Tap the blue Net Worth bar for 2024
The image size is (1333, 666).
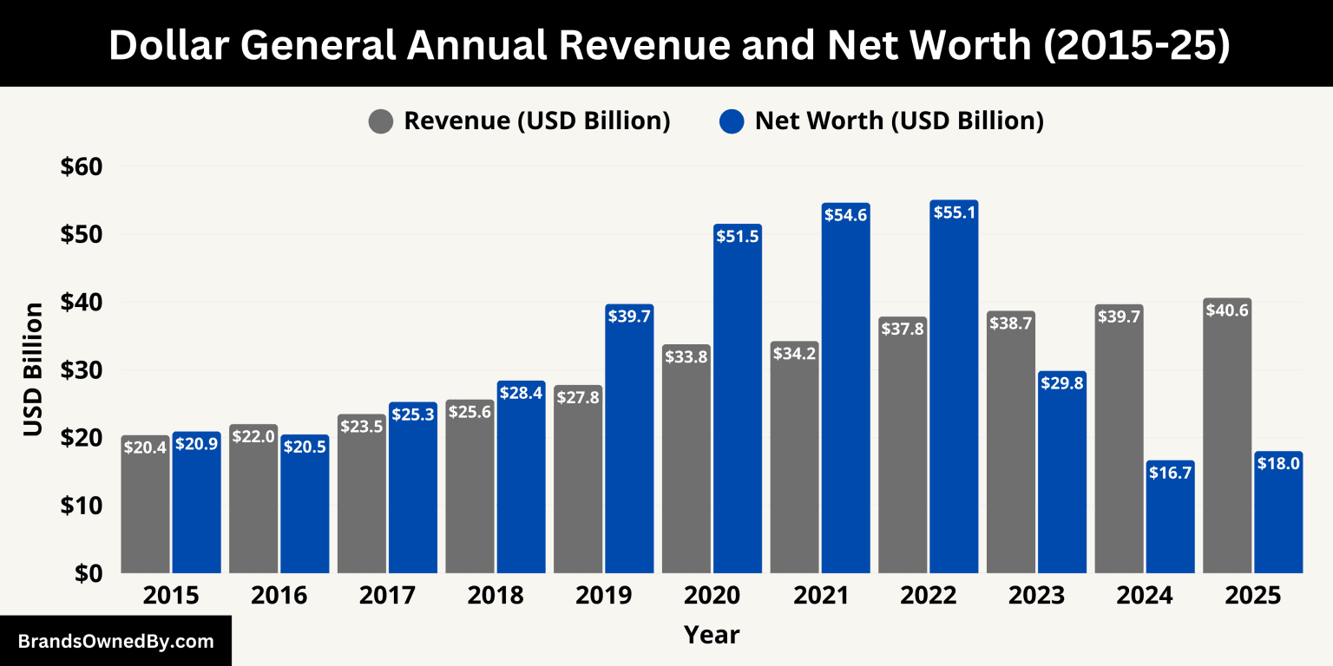coord(1170,520)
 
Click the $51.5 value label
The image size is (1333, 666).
coord(738,236)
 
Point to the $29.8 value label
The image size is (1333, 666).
coord(1061,382)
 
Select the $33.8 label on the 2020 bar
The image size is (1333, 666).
coord(686,356)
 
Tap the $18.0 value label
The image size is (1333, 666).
coord(1278,463)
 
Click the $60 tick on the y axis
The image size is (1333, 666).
coord(82,166)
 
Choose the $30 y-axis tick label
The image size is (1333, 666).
coord(82,370)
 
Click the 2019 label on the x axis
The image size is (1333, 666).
coord(604,597)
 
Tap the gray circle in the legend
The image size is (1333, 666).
coord(381,121)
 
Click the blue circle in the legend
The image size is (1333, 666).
coord(732,121)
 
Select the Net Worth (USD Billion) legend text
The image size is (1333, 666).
coord(899,121)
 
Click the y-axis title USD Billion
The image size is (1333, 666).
coord(33,369)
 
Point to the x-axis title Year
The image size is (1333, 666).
coord(712,635)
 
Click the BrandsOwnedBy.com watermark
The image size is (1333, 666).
coord(115,642)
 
